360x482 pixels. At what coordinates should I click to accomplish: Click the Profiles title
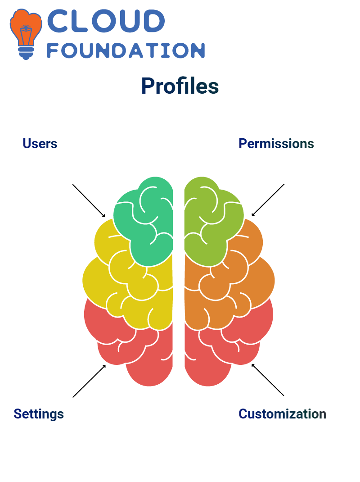(180, 86)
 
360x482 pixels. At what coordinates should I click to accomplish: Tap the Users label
(40, 144)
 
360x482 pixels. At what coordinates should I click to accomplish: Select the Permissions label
(276, 144)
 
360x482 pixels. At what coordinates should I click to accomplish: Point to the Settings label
(39, 414)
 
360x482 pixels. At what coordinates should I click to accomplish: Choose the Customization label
(282, 414)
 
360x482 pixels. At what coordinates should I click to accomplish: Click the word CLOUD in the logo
(106, 21)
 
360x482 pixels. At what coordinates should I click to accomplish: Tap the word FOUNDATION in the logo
(126, 50)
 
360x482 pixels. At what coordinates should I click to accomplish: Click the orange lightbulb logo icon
(26, 34)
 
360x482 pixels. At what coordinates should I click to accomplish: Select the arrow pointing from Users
(89, 201)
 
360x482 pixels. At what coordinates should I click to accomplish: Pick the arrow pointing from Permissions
(268, 200)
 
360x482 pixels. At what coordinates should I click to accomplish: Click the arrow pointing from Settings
(89, 381)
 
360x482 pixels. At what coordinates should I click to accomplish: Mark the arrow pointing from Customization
(268, 380)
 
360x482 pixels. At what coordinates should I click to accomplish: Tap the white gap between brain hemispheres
(179, 277)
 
